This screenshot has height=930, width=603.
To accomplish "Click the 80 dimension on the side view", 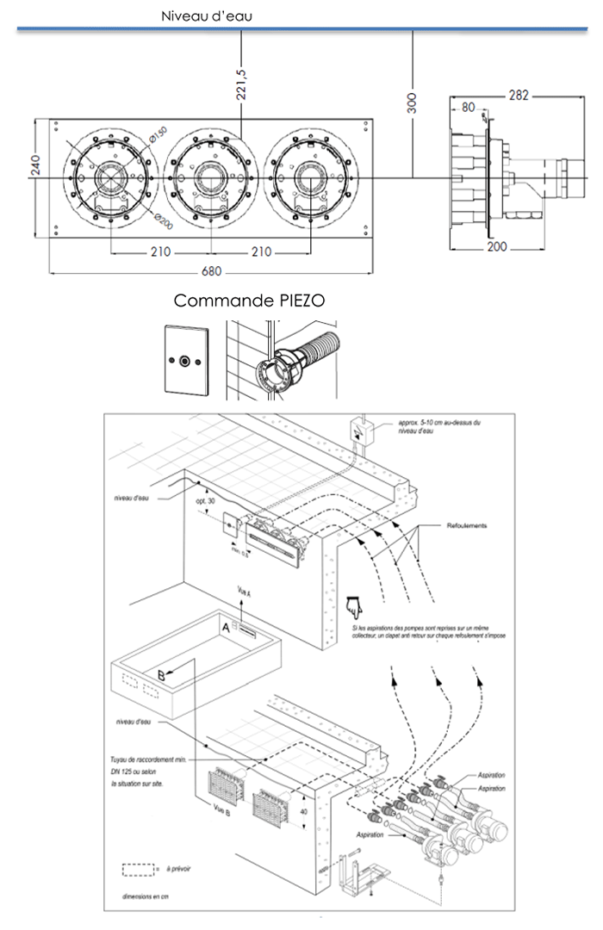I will click(x=469, y=108).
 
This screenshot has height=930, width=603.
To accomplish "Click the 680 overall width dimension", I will click(x=212, y=273).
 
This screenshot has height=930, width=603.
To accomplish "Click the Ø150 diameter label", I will click(x=157, y=135).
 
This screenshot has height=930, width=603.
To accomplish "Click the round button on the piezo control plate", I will click(x=184, y=360).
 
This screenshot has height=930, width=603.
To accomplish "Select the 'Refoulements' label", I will click(x=467, y=525).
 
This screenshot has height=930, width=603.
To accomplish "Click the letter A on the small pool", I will click(x=227, y=628).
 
